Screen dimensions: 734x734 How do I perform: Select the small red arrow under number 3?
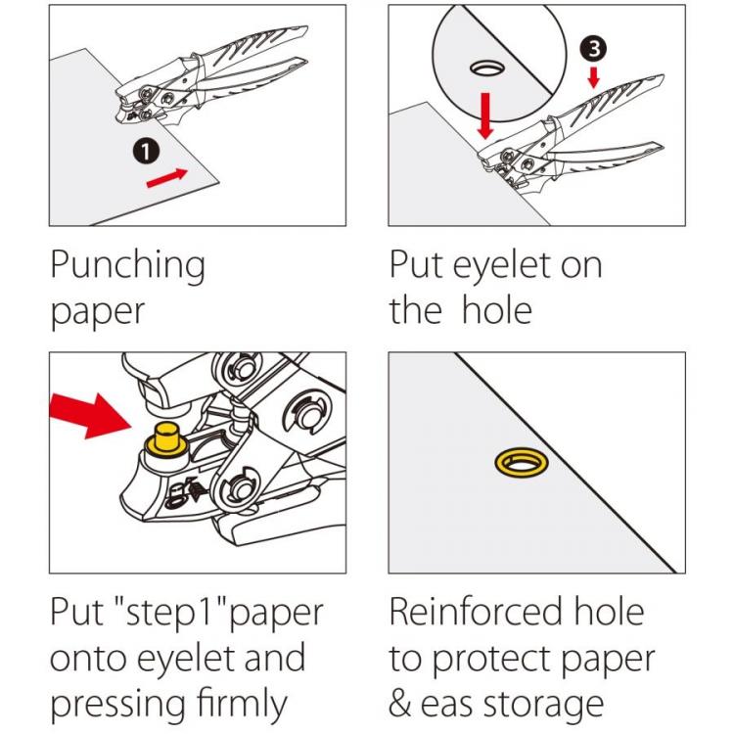tap(593, 76)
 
